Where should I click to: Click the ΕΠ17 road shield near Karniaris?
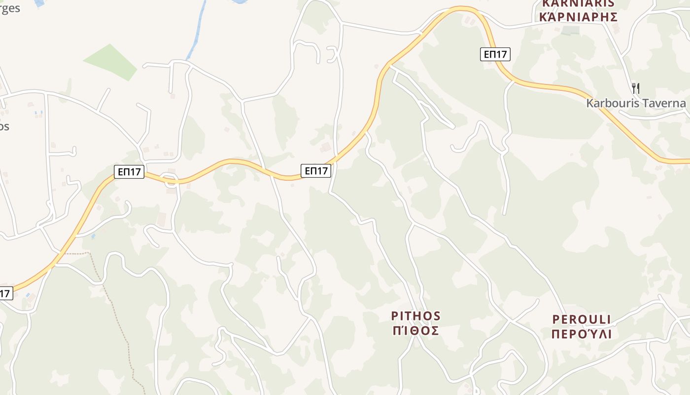[x=495, y=54]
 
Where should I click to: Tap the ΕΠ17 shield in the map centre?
[x=315, y=171]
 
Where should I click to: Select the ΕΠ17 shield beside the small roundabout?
[x=129, y=172]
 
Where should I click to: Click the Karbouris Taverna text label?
[x=636, y=103]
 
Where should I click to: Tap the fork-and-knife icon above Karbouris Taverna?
[x=636, y=88]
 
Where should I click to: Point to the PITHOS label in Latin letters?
[x=415, y=316]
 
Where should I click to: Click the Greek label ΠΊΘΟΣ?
[x=415, y=331]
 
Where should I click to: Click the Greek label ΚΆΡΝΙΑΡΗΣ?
[x=579, y=18]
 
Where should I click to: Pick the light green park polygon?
[x=111, y=62]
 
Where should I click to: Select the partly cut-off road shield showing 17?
[x=5, y=293]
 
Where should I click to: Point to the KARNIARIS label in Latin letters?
[x=579, y=3]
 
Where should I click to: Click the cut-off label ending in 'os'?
[x=4, y=126]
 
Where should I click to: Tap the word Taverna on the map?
[x=665, y=103]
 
